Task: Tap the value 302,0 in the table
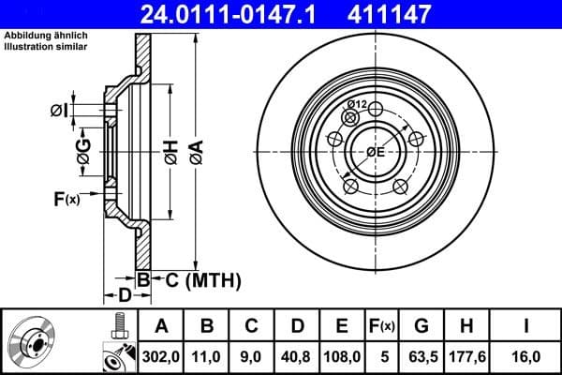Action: tap(160, 357)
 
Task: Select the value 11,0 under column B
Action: tap(207, 357)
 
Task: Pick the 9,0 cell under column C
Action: tap(251, 357)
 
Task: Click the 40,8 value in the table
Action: tap(296, 357)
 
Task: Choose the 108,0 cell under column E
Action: tap(342, 357)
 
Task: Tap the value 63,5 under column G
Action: tap(421, 357)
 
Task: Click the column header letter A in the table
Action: tap(160, 327)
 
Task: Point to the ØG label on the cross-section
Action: tap(83, 154)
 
